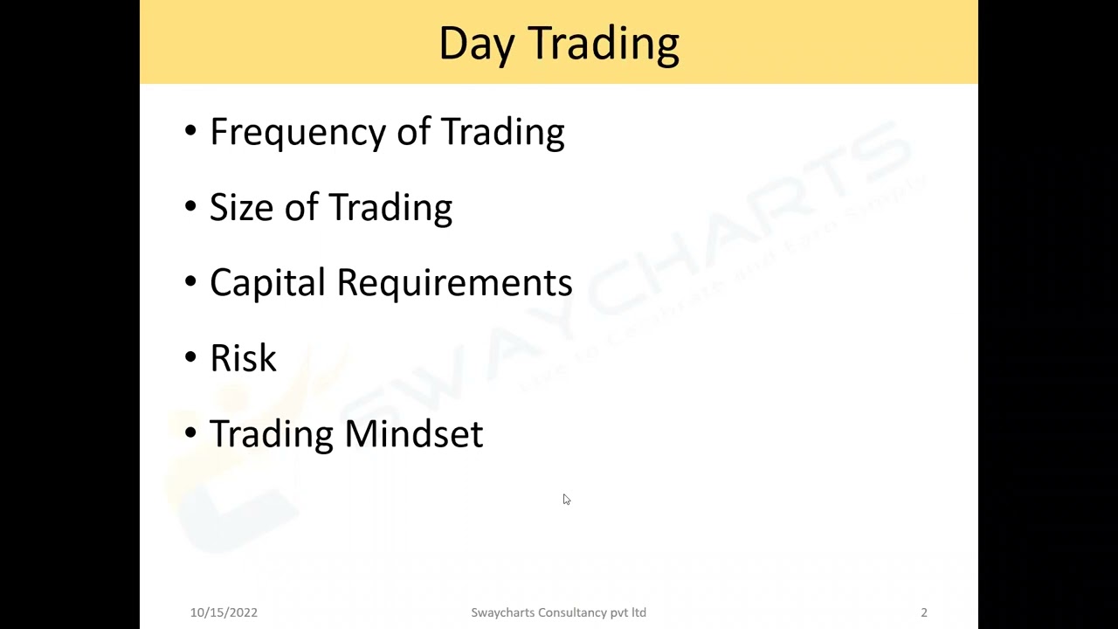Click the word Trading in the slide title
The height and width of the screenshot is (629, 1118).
coord(604,44)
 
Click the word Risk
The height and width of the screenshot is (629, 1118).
coord(243,358)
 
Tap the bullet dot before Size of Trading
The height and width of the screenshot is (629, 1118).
coord(190,208)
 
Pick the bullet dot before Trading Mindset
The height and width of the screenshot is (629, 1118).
coord(190,434)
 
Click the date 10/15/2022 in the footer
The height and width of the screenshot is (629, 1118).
coord(224,612)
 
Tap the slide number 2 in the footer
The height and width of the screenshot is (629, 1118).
coord(923,612)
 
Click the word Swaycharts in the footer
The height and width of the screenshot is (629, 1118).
coord(500,612)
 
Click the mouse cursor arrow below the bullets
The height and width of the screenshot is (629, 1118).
coord(566,499)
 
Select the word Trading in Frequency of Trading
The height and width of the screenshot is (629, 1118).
coord(502,133)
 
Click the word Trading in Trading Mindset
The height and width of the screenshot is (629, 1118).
coord(272,434)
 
